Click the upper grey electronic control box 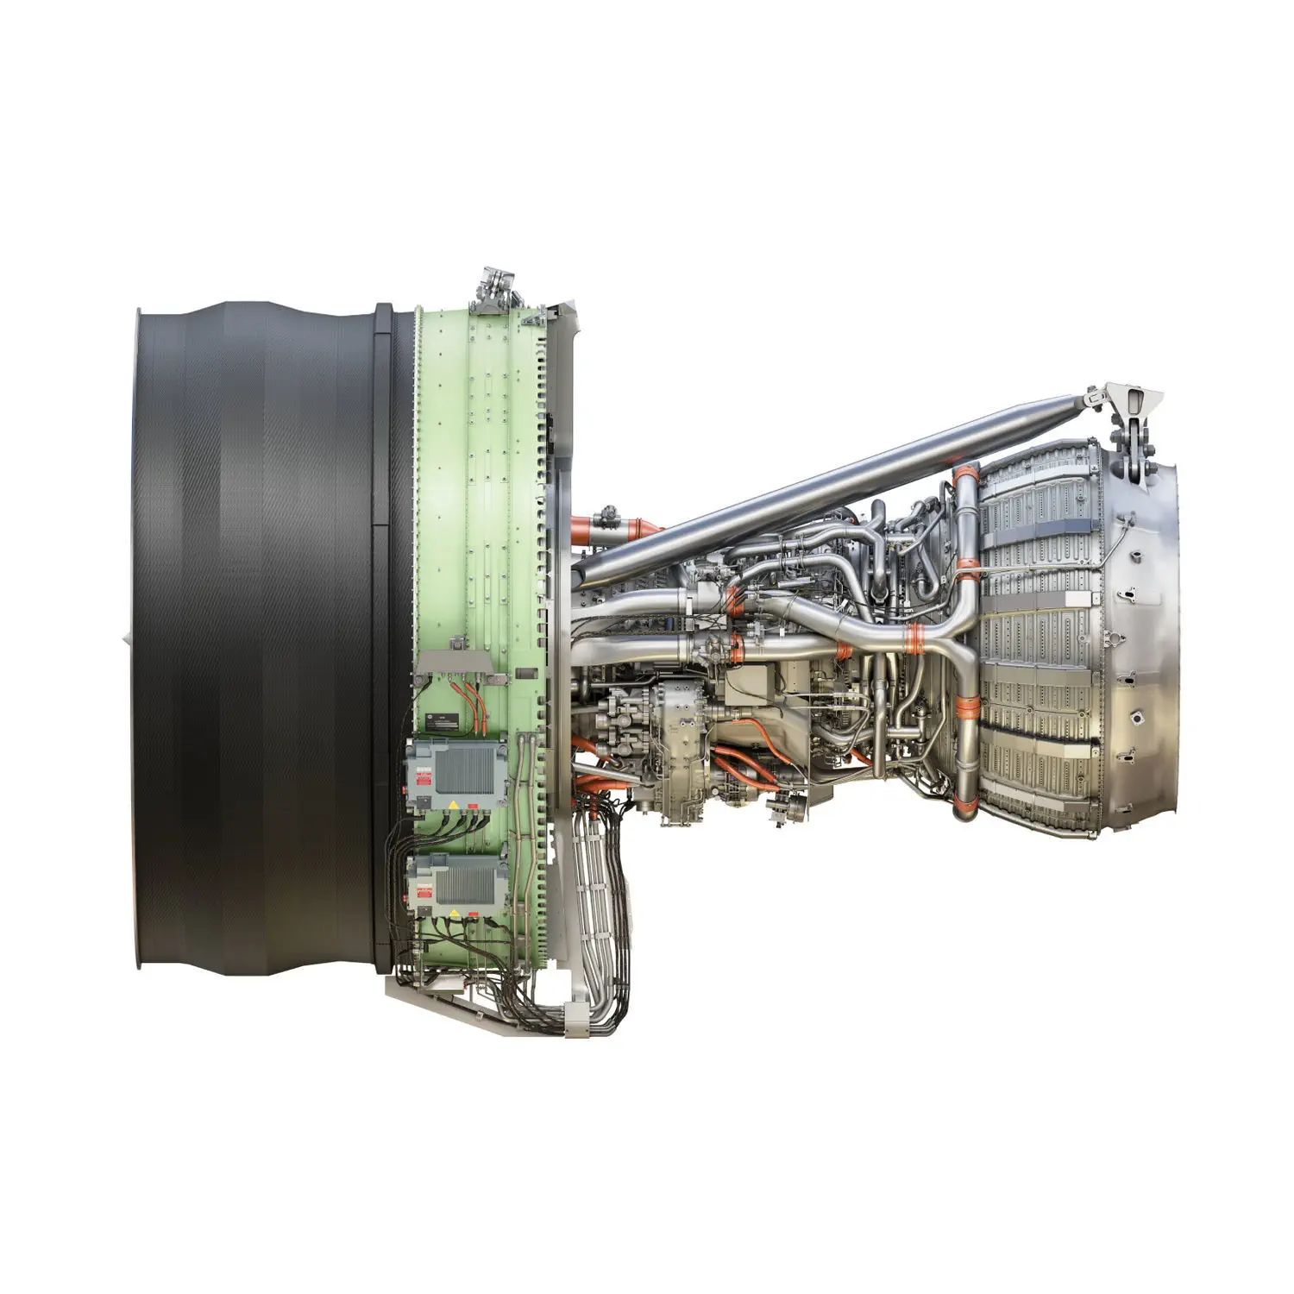(457, 773)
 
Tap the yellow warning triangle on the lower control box (451, 913)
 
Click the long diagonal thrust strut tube (828, 487)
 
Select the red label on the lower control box (424, 897)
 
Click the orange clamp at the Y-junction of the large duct (914, 638)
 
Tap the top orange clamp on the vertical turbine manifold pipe (966, 475)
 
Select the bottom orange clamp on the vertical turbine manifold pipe (964, 807)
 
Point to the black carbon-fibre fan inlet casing (259, 638)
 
